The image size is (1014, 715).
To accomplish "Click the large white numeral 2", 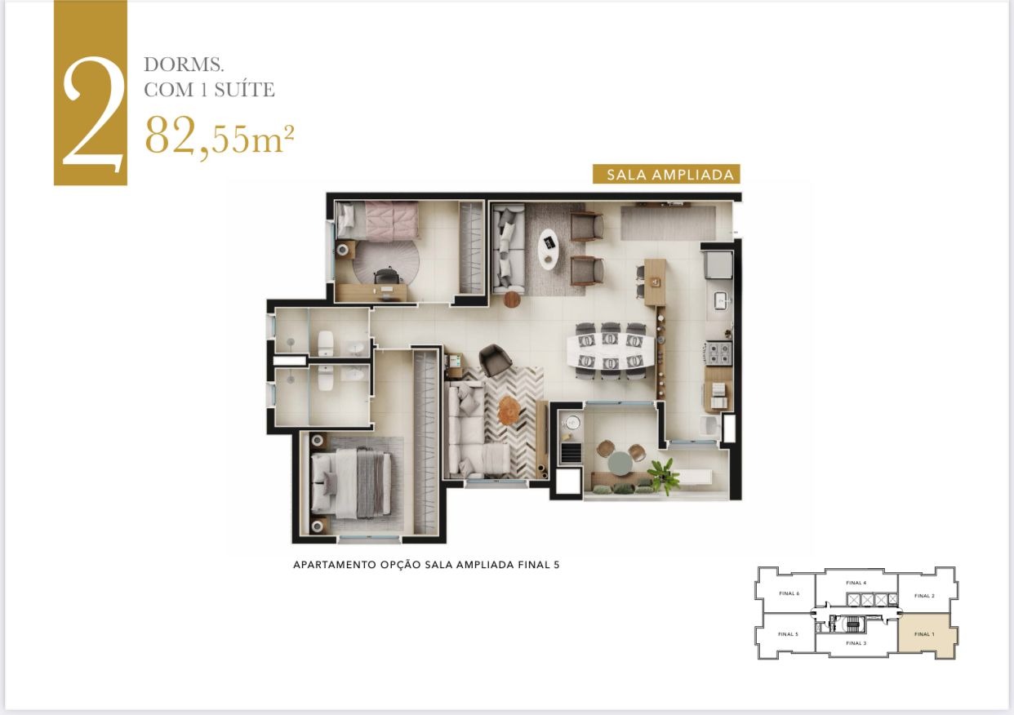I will click(91, 114).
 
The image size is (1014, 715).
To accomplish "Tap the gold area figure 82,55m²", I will click(219, 135).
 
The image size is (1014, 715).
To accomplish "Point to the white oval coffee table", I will click(549, 248).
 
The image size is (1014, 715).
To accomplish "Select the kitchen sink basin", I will click(721, 301).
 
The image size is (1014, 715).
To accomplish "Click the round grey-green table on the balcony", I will click(618, 462).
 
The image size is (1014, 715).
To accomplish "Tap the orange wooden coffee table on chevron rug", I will click(508, 410).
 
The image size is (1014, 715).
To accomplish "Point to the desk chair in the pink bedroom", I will click(385, 278).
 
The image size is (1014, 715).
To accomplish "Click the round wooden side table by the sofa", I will click(512, 300).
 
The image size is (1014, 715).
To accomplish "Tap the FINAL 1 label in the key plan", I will click(924, 634).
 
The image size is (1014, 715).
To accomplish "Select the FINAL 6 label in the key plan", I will click(789, 593).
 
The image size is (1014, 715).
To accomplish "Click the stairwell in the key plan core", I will click(855, 625).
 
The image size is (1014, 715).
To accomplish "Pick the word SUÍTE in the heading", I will click(245, 89).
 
